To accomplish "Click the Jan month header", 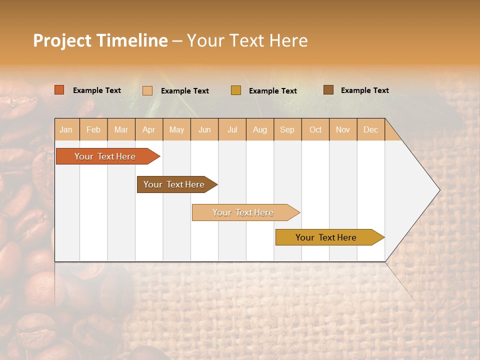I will pos(66,129).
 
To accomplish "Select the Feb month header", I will pos(93,129).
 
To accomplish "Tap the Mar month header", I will pos(121,129).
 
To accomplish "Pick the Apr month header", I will pos(149,129).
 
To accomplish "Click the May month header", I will pos(176,129).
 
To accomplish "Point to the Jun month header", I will pos(204,129).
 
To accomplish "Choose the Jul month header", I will pos(232,129).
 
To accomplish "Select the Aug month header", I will pos(260,129).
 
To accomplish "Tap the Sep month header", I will pos(287,129).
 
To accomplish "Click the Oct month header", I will pos(315,129).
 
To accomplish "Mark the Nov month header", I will pos(343,129).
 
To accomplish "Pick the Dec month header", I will pos(370,129).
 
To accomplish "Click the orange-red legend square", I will pos(59,90).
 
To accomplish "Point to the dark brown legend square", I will pos(328,90).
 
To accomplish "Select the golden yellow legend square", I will pos(236,90).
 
